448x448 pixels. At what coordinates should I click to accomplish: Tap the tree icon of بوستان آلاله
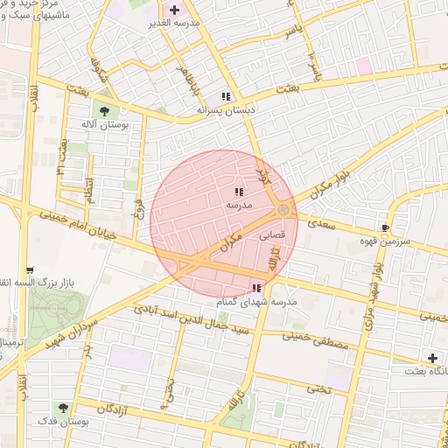coord(105,111)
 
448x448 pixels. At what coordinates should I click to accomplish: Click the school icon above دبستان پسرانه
coord(226,97)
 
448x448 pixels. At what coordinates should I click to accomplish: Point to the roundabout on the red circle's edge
coord(284,210)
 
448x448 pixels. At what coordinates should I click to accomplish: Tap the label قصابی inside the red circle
coord(270,235)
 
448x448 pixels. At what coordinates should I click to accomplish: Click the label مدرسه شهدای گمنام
coord(257,302)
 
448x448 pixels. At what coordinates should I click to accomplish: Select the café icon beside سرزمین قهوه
coord(386,228)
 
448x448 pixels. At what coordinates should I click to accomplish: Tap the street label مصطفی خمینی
coord(316,340)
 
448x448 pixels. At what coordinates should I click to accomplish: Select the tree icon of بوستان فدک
coord(64,408)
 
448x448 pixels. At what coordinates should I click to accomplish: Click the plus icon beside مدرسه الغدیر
coord(175,11)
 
